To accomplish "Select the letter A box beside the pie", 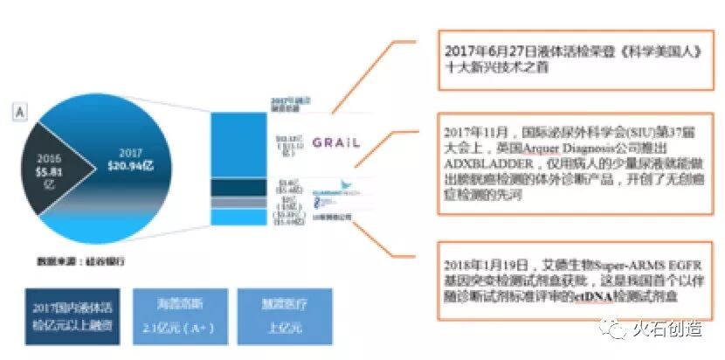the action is pyautogui.click(x=18, y=112).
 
